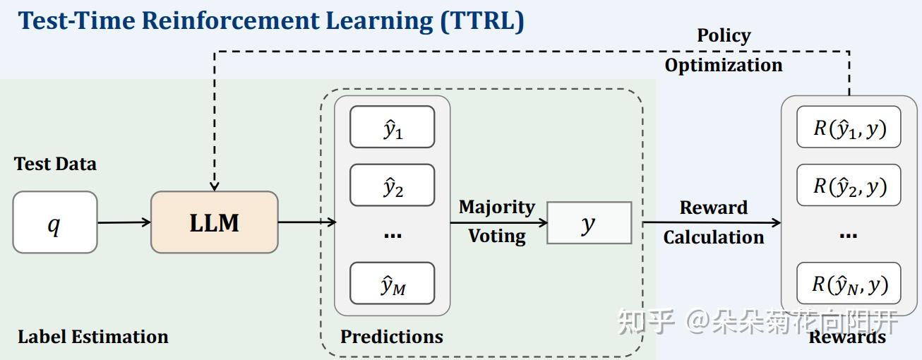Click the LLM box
click(215, 222)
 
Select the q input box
click(54, 222)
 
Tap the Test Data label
click(55, 164)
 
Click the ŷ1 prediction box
click(392, 127)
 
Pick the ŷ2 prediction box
click(392, 185)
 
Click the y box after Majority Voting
click(589, 223)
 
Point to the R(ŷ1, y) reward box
click(849, 127)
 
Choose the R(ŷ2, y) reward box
click(849, 185)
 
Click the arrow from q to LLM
click(124, 223)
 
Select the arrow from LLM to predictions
click(306, 223)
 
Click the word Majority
click(497, 207)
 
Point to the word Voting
click(497, 236)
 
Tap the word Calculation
click(713, 237)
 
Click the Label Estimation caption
click(93, 337)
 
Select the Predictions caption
click(392, 337)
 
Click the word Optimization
click(724, 66)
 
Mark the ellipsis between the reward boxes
click(848, 235)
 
